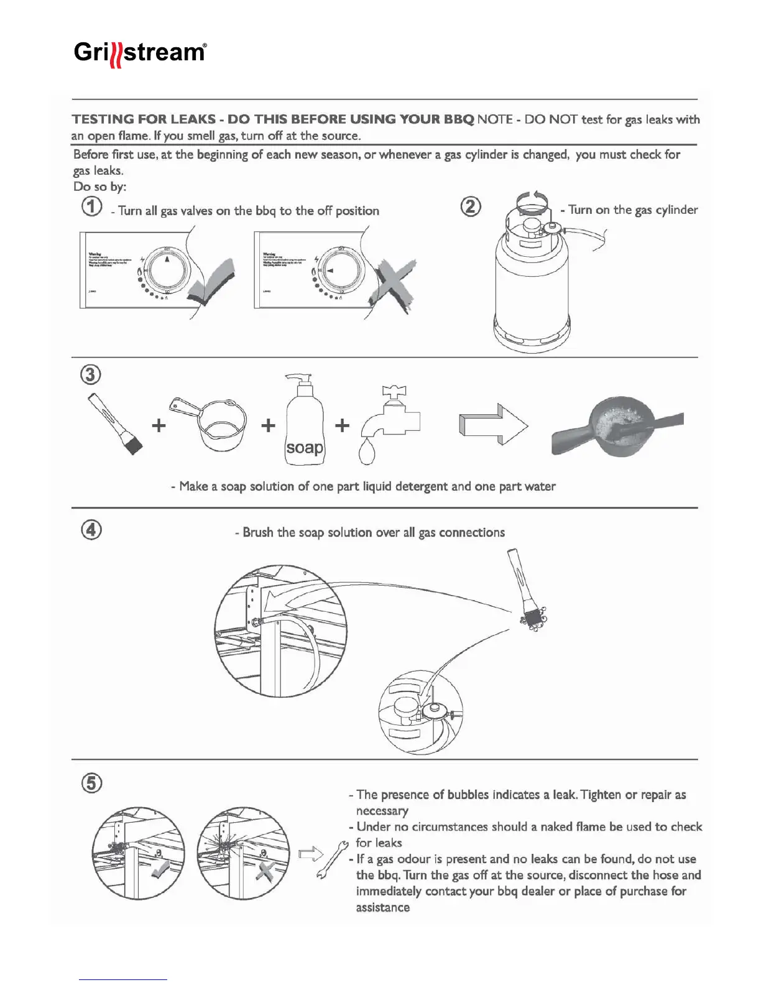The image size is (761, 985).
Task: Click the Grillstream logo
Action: point(140,53)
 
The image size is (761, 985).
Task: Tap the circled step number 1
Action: point(92,206)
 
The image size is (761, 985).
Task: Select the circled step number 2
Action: point(470,206)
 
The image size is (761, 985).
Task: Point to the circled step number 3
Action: point(91,374)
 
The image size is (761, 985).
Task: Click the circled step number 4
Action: point(91,530)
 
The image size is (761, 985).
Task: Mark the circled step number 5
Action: point(91,782)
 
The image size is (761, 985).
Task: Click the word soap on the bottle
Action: point(304,447)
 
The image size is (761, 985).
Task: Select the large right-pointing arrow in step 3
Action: point(494,425)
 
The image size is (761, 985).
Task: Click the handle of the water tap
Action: point(394,391)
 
